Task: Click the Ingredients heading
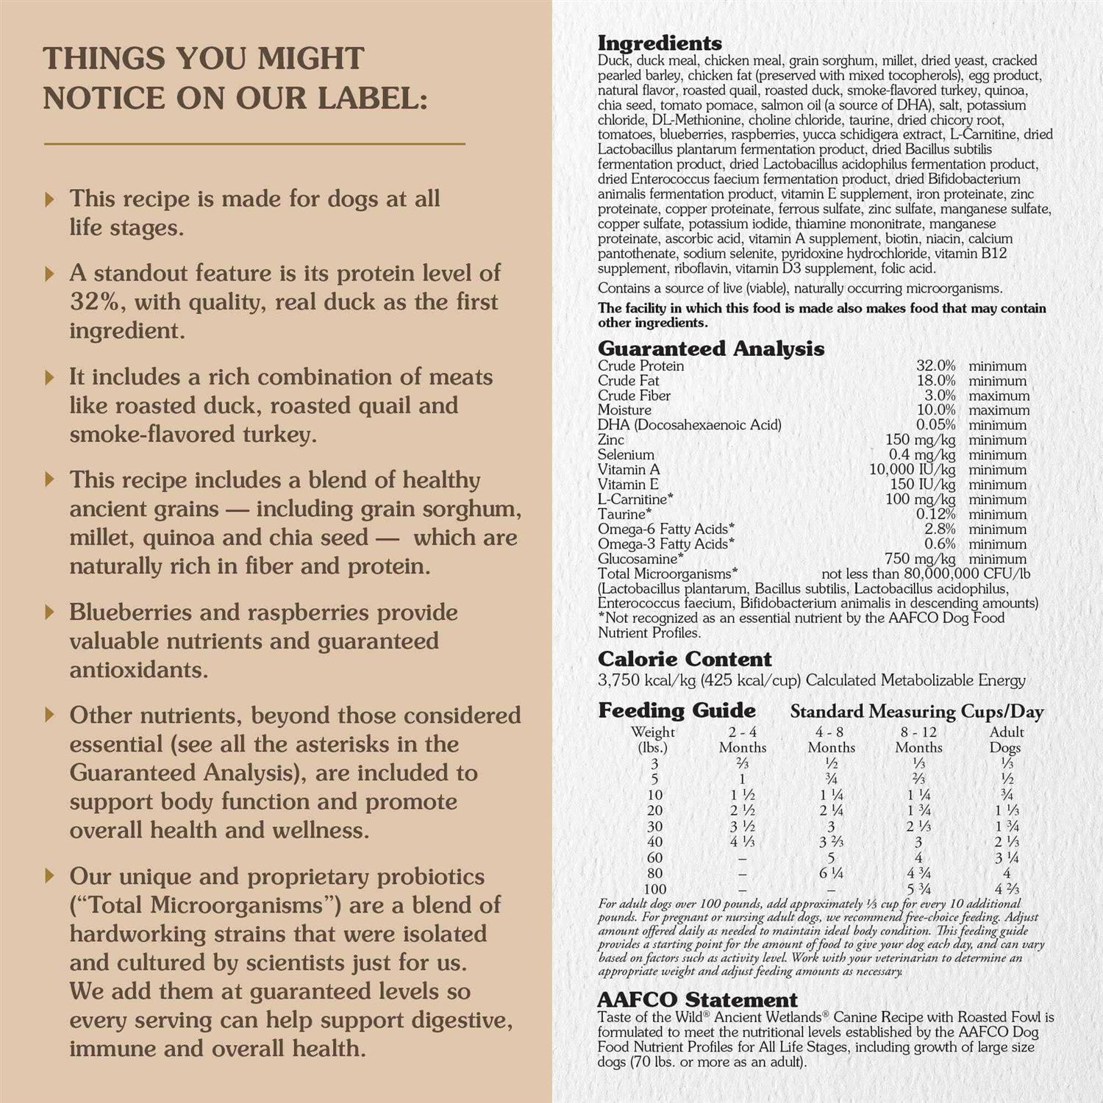click(x=660, y=43)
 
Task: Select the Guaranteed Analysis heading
click(x=710, y=349)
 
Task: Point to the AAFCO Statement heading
click(x=697, y=1000)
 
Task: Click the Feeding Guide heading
click(x=677, y=710)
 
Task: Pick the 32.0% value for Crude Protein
click(x=935, y=365)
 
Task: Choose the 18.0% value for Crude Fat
click(x=935, y=380)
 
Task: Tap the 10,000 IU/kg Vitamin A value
click(x=912, y=469)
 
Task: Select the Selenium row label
click(x=626, y=454)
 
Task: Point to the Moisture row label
click(x=624, y=410)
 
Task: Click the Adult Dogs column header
click(x=1006, y=739)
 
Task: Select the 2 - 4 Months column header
click(x=743, y=739)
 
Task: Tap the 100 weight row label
click(x=654, y=889)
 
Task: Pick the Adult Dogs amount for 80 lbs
click(x=1007, y=873)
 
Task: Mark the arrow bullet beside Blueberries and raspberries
click(x=50, y=612)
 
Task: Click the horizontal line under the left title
click(x=254, y=143)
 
